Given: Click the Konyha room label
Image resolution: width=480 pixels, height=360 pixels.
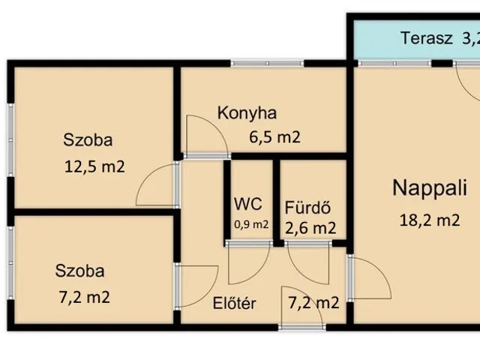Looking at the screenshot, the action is point(247,113).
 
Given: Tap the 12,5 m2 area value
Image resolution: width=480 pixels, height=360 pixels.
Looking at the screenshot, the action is point(94,167).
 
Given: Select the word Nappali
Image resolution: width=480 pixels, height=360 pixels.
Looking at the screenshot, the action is point(430,188).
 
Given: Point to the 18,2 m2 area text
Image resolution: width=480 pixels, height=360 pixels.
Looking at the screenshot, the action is point(430,220).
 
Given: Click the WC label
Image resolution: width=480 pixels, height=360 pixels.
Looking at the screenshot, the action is point(248,204).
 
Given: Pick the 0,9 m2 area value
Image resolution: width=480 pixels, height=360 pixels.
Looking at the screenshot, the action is point(251,225).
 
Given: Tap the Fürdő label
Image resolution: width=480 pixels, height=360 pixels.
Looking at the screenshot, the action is point(307,207).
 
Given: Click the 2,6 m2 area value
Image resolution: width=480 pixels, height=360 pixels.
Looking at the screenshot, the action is point(310,228).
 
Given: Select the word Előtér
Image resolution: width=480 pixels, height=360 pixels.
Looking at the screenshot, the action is point(234,303).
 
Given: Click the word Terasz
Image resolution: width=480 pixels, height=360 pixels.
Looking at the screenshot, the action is point(427,38).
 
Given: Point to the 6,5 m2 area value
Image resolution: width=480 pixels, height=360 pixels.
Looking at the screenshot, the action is point(274,137).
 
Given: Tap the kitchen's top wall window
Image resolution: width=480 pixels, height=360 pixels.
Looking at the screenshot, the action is point(267,64).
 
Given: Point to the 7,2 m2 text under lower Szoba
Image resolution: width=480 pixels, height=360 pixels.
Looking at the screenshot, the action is point(84,298).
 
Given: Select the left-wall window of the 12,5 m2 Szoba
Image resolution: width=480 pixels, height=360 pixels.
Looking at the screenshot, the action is point(10,140).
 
